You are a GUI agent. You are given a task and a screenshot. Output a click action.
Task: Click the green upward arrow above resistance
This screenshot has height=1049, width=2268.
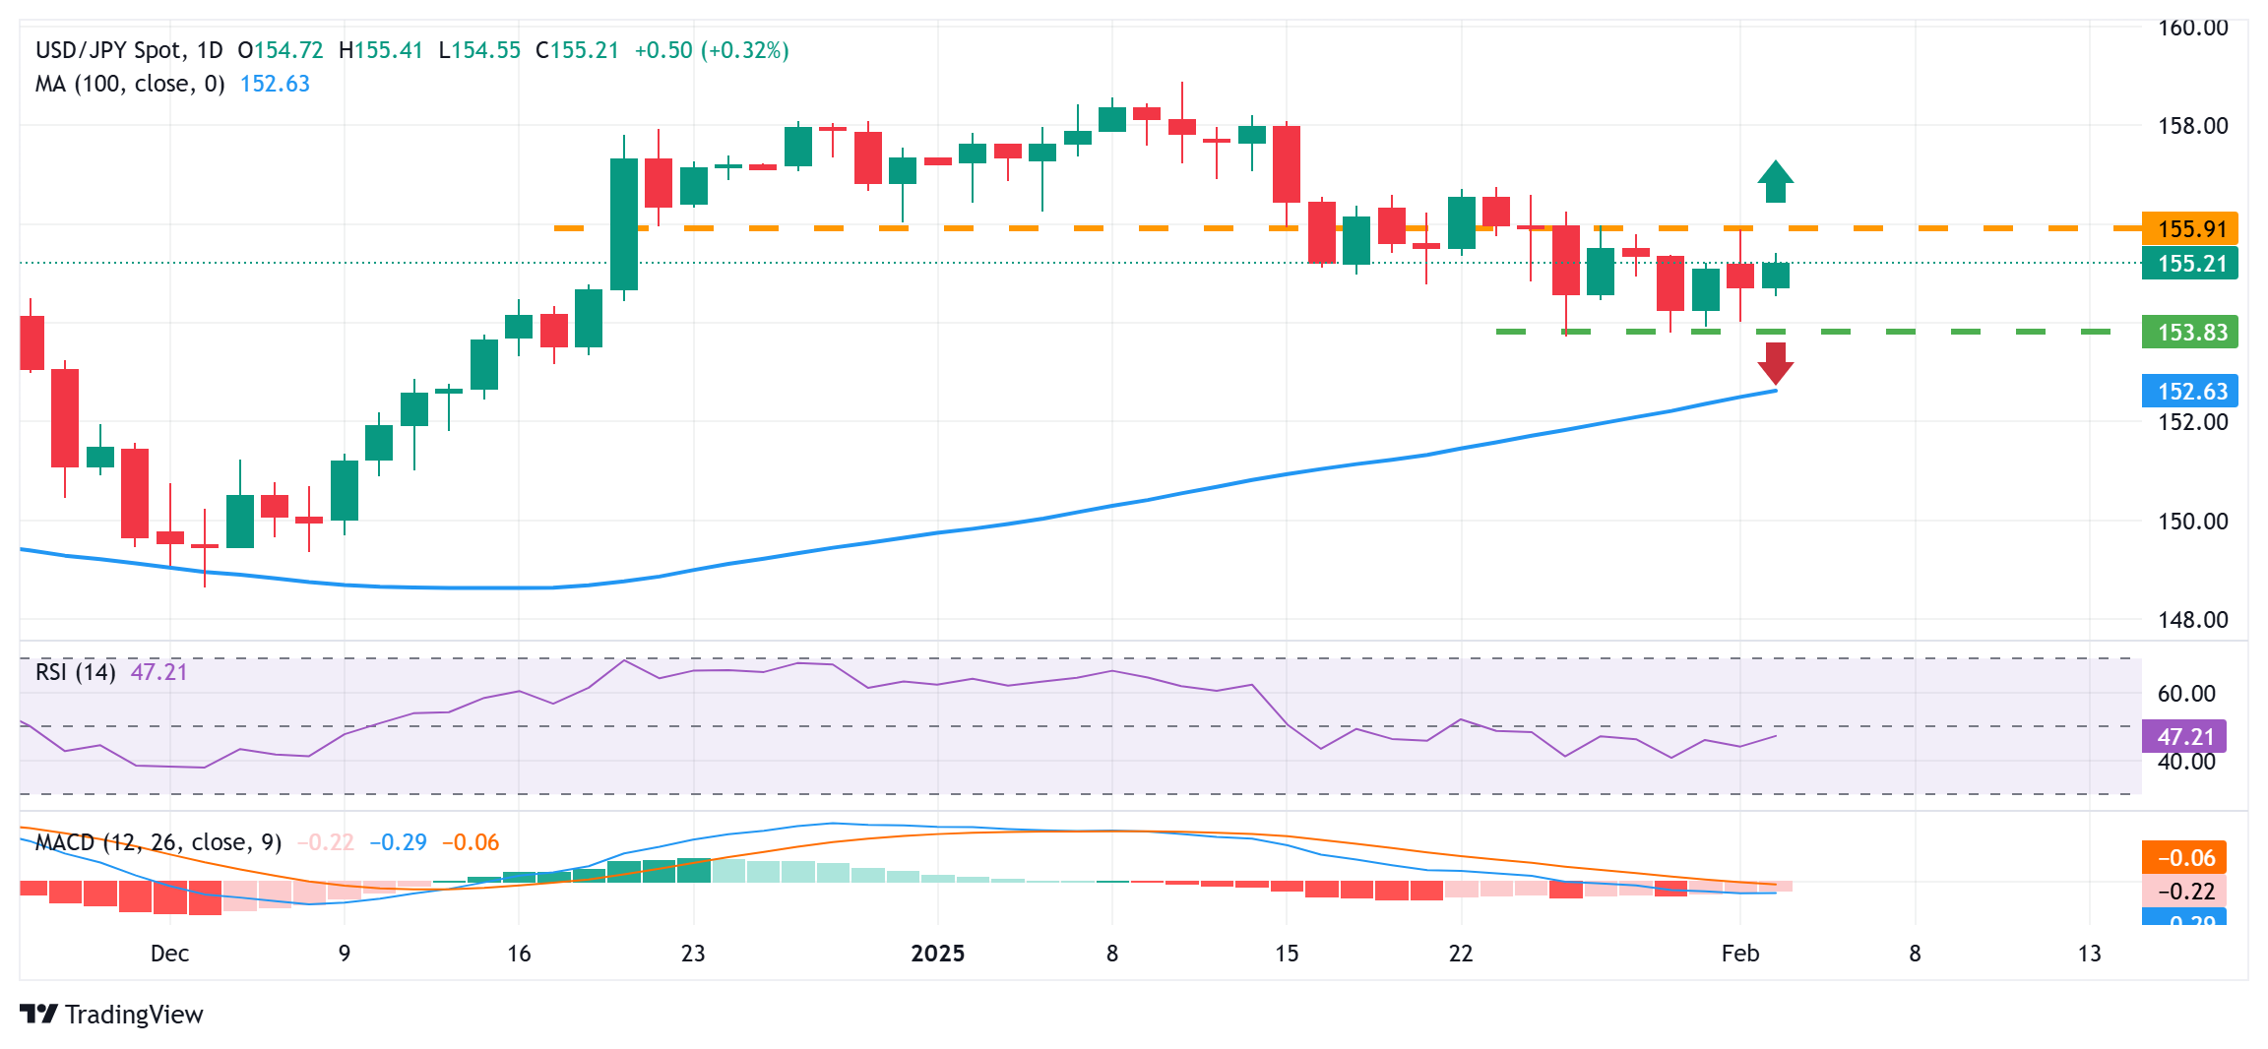click(1775, 181)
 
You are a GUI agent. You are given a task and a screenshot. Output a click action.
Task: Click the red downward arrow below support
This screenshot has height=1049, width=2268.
click(1775, 363)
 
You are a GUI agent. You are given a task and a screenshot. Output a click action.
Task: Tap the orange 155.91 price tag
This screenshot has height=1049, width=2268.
click(2190, 229)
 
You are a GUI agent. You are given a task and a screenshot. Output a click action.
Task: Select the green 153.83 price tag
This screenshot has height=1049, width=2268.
click(2190, 333)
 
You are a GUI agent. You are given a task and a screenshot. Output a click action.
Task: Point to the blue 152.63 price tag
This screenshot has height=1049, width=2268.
click(2190, 392)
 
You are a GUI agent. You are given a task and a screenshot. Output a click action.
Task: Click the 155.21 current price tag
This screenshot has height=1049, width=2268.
click(2190, 264)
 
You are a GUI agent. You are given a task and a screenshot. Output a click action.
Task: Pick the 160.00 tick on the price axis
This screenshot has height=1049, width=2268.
click(2192, 28)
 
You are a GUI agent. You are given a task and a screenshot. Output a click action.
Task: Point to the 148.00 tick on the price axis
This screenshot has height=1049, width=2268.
click(2192, 620)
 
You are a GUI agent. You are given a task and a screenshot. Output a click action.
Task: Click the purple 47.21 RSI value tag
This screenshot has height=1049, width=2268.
click(2184, 737)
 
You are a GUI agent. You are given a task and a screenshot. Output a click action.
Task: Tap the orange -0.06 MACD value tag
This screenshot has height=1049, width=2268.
click(2184, 858)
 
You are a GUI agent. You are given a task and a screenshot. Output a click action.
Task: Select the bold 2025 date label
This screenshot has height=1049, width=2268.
click(937, 954)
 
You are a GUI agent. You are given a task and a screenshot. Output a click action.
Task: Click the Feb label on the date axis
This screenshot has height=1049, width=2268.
click(1739, 954)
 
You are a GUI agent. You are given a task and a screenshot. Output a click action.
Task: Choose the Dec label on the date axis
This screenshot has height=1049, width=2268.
click(169, 954)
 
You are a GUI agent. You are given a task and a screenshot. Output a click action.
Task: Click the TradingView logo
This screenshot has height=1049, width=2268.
click(111, 1015)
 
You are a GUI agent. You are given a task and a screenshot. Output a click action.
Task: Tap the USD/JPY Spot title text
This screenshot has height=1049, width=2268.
click(108, 50)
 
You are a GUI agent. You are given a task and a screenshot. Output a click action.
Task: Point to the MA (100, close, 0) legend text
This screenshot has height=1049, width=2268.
click(130, 85)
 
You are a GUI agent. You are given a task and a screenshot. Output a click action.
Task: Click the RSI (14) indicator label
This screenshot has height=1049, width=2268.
click(75, 672)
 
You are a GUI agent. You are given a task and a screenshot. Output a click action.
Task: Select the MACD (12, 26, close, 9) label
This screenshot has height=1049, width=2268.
click(157, 842)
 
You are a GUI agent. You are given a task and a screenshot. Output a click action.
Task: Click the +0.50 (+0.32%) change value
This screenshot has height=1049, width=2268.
click(711, 50)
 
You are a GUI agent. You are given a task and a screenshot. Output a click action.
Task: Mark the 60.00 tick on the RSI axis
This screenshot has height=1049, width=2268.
click(2186, 694)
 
